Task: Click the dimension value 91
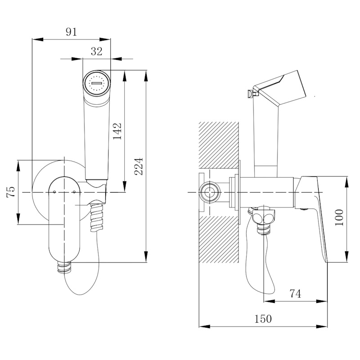point(71,31)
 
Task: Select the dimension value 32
point(97,51)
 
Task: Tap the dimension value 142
point(117,131)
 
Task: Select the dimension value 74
point(295,294)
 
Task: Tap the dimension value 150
point(263,319)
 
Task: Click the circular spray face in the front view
point(97,83)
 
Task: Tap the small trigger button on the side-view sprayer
point(249,94)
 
